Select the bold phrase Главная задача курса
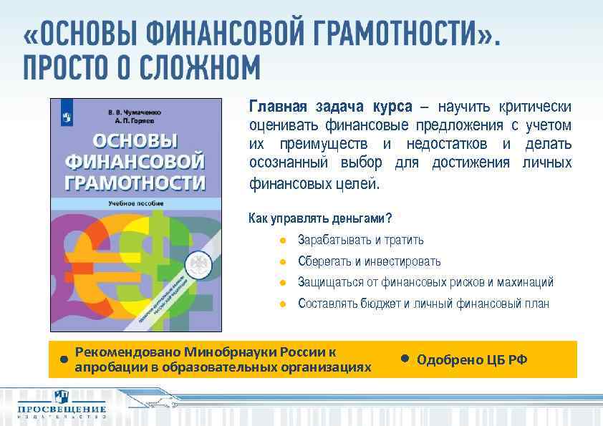[330, 107]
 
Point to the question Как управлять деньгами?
[320, 218]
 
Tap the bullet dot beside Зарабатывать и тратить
[283, 241]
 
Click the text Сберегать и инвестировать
[369, 261]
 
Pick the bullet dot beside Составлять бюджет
[283, 304]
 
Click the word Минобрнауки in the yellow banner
[233, 352]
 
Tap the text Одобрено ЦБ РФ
[471, 359]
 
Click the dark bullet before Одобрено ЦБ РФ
[404, 358]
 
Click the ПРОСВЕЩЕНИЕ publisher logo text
[62, 409]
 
